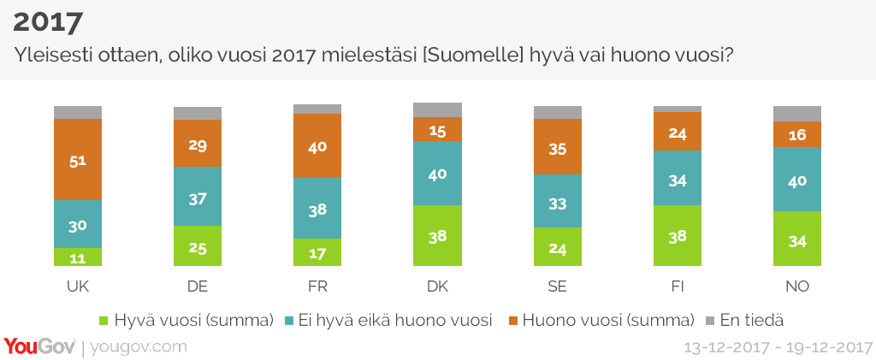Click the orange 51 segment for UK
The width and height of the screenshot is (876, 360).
(78, 159)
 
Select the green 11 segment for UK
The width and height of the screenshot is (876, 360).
(78, 257)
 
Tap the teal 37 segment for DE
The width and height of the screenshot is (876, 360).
(198, 196)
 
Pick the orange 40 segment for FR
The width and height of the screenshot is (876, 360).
(317, 145)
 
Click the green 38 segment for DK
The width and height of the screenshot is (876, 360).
(437, 236)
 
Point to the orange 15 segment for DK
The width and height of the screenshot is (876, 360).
(437, 129)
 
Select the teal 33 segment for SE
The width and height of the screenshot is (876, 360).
(557, 200)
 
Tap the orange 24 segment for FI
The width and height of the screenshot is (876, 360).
(677, 131)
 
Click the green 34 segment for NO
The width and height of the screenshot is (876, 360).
(796, 239)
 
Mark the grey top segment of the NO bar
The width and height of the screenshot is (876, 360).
(796, 114)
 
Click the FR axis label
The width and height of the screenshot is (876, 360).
(317, 285)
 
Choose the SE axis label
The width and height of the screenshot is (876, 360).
(557, 285)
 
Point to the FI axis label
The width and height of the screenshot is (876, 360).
(677, 285)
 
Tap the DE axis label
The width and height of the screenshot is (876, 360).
(198, 285)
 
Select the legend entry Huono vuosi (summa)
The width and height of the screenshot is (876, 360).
(605, 321)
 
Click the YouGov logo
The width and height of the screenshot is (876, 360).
(39, 346)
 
